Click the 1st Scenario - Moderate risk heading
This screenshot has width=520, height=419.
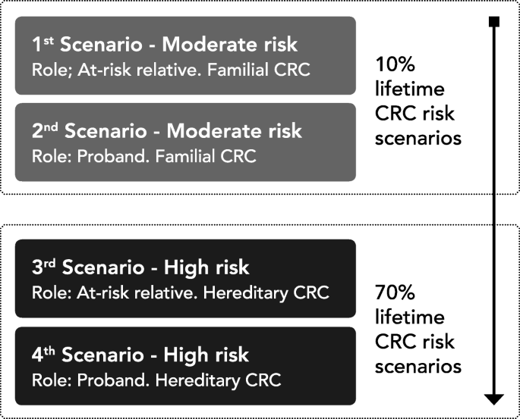point(165,44)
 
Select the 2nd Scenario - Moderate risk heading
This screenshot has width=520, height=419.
point(167,131)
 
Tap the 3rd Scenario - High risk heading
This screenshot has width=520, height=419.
point(140,267)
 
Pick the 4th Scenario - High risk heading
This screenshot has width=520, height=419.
point(140,355)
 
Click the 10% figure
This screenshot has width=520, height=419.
point(395,64)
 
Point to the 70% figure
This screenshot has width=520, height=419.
point(395,292)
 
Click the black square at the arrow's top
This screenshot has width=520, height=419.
point(494,21)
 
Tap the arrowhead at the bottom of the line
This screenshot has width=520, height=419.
point(494,399)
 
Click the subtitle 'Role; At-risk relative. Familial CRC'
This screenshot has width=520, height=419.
point(171,70)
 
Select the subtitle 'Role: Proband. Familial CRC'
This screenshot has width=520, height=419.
point(144,156)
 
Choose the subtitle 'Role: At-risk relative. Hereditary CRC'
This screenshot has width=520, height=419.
point(181,293)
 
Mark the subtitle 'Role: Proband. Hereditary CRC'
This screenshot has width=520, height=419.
point(156,380)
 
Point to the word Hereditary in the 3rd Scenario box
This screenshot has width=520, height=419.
point(246,293)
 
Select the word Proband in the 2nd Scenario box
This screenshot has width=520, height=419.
point(113,156)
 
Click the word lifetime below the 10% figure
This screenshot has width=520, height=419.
point(410,89)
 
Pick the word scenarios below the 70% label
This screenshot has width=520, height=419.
point(418,367)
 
